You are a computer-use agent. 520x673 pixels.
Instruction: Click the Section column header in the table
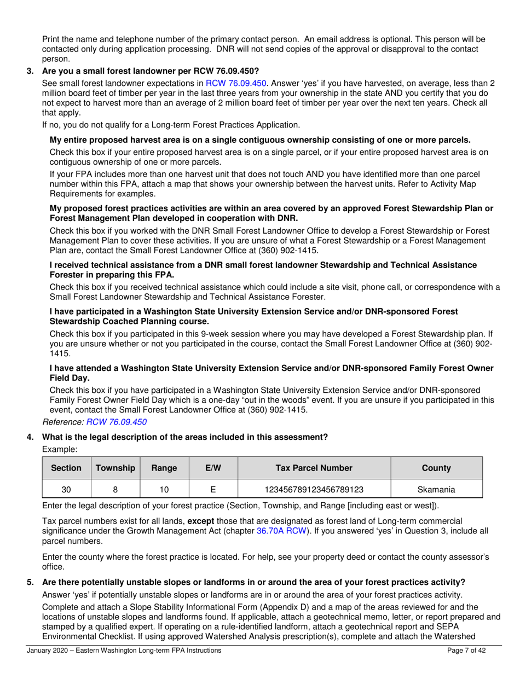pyautogui.click(x=66, y=468)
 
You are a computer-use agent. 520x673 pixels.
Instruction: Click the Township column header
pyautogui.click(x=115, y=468)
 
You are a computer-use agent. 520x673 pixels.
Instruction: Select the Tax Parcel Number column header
pyautogui.click(x=314, y=468)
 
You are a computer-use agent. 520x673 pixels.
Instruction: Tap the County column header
pyautogui.click(x=436, y=468)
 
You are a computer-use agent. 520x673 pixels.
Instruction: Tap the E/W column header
pyautogui.click(x=213, y=468)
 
